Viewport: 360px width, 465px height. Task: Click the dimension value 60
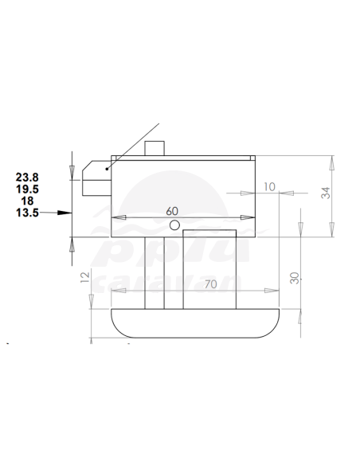click(x=172, y=211)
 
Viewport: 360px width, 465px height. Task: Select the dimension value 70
click(x=211, y=283)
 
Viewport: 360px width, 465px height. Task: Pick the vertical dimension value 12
click(x=85, y=278)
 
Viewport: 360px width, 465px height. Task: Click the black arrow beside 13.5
click(x=59, y=213)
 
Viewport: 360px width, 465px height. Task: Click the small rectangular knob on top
click(x=156, y=148)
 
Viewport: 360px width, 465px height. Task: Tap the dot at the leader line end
click(x=107, y=168)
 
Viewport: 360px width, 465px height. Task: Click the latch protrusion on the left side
click(x=92, y=179)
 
